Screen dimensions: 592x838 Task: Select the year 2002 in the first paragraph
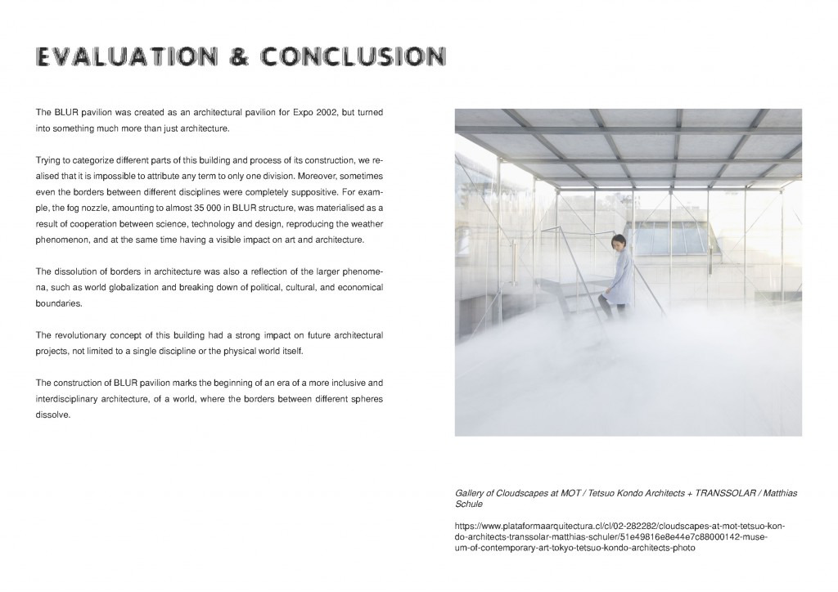point(333,111)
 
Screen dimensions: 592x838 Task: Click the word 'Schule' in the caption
point(470,505)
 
